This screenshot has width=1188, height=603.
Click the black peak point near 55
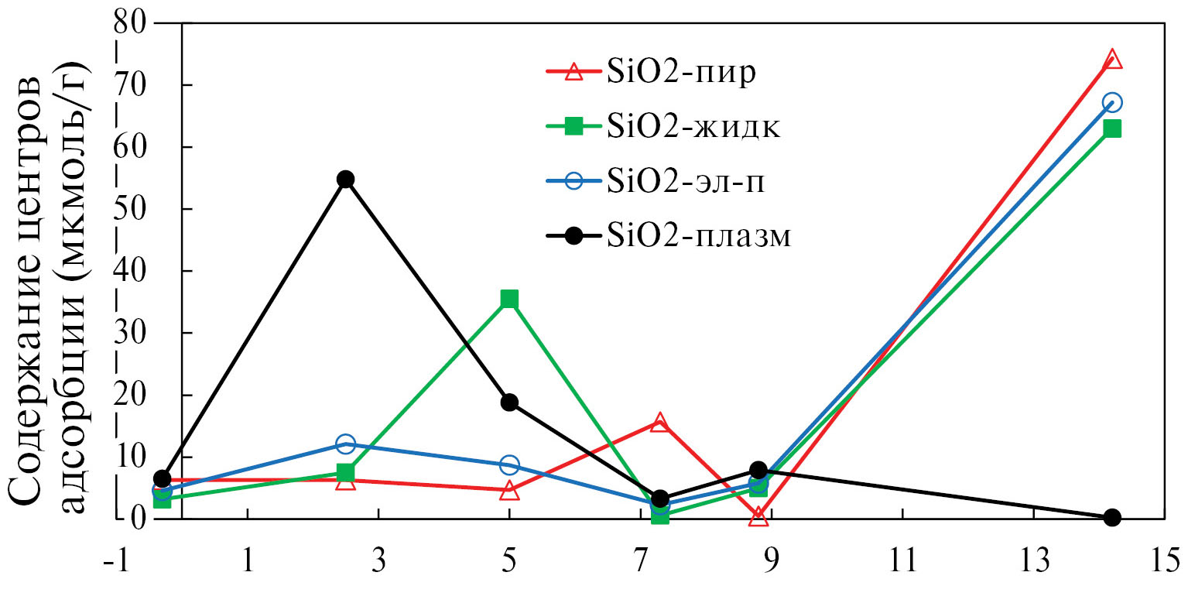pos(345,179)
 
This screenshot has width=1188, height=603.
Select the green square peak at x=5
pos(508,299)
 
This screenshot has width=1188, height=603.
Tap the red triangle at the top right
pos(1112,60)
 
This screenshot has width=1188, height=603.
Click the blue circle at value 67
pos(1112,102)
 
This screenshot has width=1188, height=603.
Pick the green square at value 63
pos(1112,128)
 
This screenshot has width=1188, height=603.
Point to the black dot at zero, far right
pos(1112,517)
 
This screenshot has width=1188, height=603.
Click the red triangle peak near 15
pos(659,422)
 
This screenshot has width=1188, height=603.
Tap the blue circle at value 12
pos(345,444)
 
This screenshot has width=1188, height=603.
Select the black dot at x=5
pos(508,402)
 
